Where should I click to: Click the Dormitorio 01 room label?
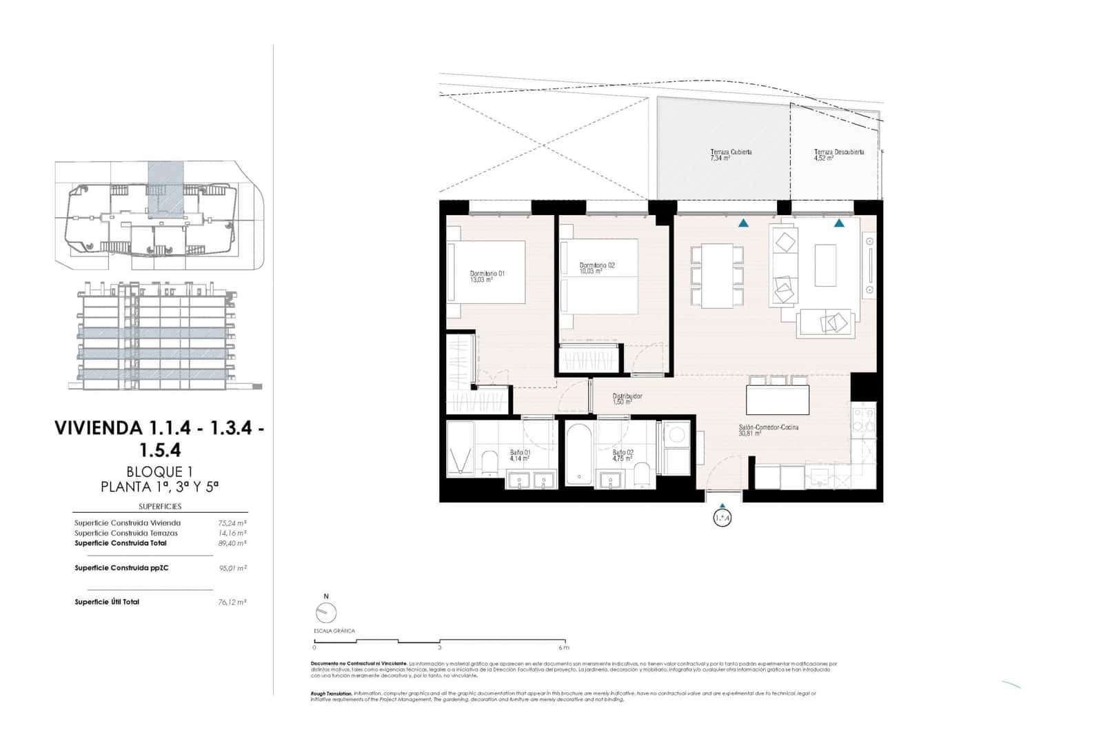(487, 276)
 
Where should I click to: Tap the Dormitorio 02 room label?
(596, 268)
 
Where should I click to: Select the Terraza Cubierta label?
(730, 154)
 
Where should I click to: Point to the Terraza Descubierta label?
(838, 154)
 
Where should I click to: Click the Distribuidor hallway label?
(627, 398)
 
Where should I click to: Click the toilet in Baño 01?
(489, 463)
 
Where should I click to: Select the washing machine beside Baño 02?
(676, 435)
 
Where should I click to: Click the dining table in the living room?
(718, 276)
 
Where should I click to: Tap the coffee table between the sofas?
(825, 265)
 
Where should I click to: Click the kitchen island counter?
(778, 400)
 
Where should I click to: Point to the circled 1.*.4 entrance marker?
(722, 518)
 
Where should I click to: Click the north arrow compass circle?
(326, 613)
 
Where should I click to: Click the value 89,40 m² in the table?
(232, 543)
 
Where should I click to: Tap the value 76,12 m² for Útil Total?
(232, 602)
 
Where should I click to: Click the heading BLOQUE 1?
(159, 472)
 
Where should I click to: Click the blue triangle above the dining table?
(743, 223)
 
